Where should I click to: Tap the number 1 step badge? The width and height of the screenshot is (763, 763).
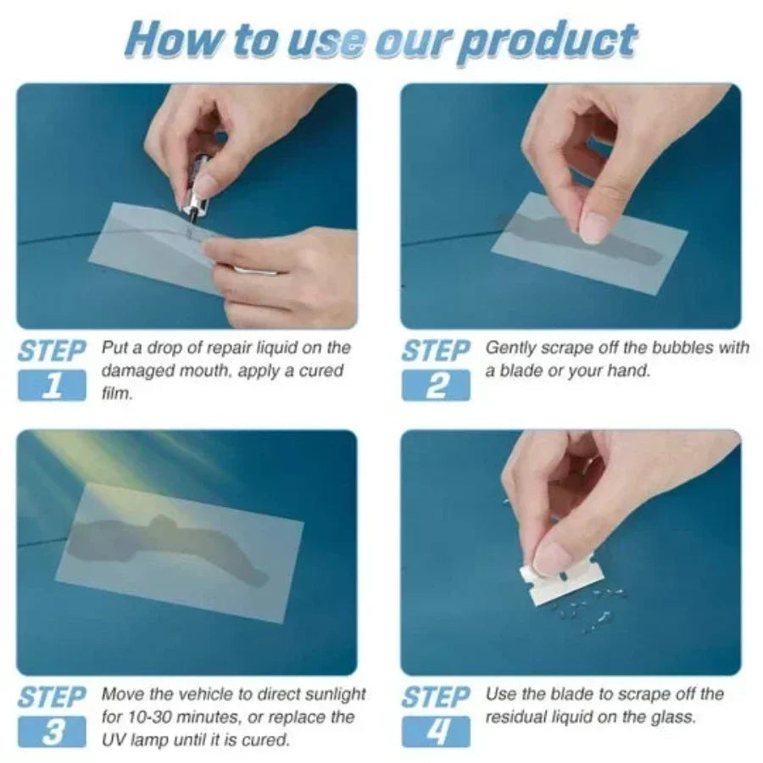click(x=52, y=386)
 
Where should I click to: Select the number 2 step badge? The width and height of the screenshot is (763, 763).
click(x=436, y=386)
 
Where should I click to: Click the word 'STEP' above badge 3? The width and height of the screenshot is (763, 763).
click(x=52, y=698)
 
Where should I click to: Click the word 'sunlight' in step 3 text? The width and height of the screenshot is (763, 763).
click(x=334, y=694)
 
